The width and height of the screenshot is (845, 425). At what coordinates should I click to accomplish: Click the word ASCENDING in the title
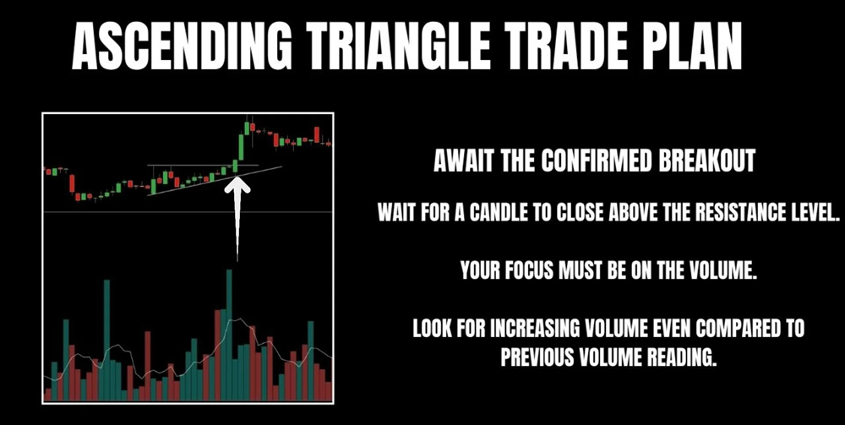tap(181, 46)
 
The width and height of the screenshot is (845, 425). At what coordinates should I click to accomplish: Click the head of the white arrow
tap(237, 183)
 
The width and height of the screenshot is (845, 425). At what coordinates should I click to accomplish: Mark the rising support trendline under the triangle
tap(215, 181)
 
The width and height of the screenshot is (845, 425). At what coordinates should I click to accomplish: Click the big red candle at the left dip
tap(72, 183)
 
